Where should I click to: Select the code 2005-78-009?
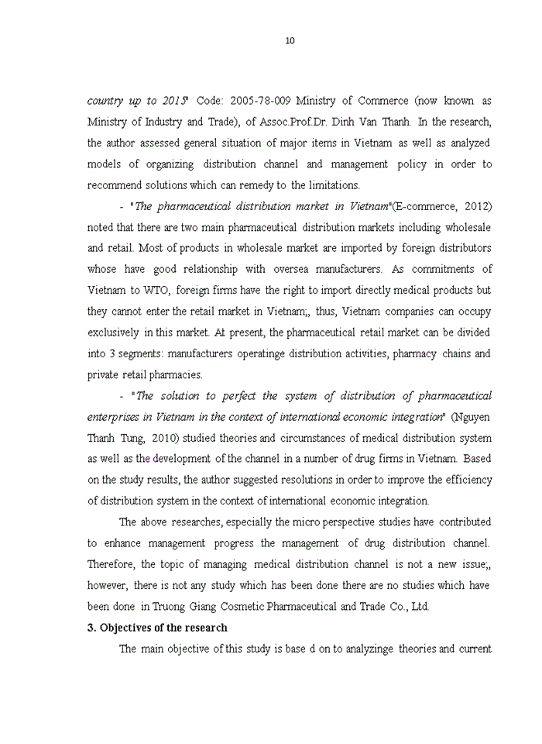(x=262, y=101)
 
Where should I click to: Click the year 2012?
(x=476, y=206)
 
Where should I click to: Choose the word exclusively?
(x=114, y=332)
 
